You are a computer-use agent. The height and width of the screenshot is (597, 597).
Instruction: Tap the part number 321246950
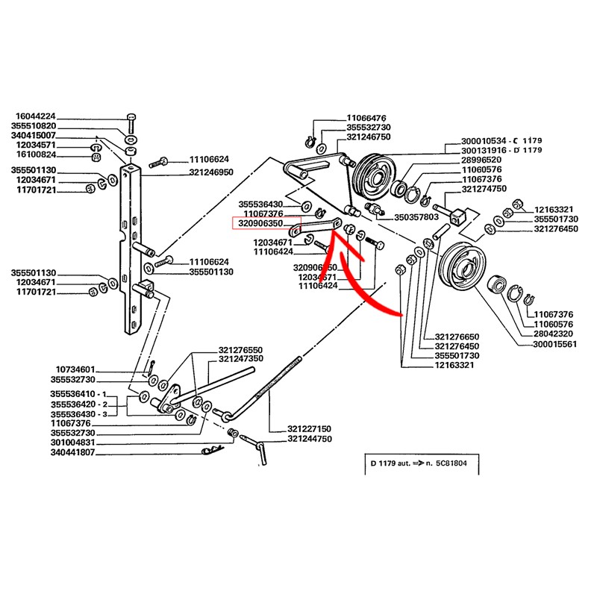[x=211, y=171]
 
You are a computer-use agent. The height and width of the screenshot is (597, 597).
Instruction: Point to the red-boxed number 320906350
[x=260, y=222]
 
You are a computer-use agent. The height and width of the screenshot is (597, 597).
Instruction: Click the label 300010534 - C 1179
[x=492, y=141]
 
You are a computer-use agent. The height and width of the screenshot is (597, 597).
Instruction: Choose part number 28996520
[x=484, y=160]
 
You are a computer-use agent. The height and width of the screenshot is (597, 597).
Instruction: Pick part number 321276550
[x=240, y=349]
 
